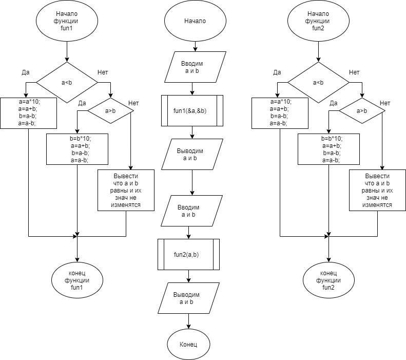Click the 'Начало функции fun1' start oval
point(67,21)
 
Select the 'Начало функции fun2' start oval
point(318,21)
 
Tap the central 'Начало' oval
point(195,22)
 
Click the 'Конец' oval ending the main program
point(189,344)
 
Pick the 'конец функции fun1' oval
point(77,280)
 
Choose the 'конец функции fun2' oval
point(328,280)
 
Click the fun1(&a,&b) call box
point(192,110)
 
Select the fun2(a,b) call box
point(188,254)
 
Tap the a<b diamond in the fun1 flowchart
point(67,82)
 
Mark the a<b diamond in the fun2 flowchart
point(318,82)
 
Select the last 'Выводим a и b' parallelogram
point(186,298)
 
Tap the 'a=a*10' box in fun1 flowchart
point(29,112)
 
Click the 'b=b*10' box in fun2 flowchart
point(328,149)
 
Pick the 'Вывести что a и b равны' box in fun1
point(126,191)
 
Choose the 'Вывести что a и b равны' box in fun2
point(377,191)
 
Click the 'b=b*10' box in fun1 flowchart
point(77,149)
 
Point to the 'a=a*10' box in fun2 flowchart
point(280,112)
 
